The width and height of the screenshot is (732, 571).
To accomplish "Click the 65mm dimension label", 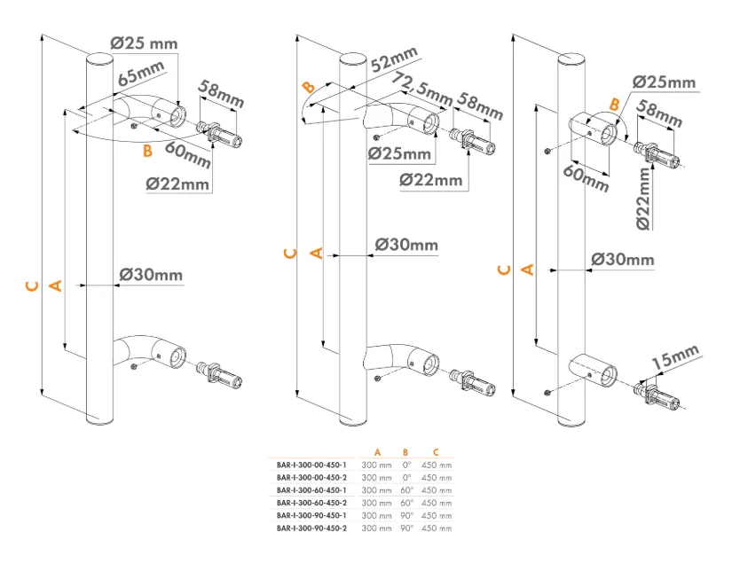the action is pos(141,74).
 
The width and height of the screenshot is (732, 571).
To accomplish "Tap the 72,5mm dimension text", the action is pos(421,89).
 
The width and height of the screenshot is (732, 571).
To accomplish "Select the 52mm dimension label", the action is pos(394,59).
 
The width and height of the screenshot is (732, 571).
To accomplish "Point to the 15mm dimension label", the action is pos(675,356).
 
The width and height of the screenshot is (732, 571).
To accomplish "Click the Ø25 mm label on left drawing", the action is pos(145,43).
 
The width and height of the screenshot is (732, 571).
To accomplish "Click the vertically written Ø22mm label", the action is pos(643,199).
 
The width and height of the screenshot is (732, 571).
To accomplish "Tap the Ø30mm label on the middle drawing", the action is pos(406,245).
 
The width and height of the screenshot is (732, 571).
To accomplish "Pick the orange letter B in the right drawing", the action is pos(615,105).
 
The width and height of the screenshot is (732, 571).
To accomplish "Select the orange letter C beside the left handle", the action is pos(32,285).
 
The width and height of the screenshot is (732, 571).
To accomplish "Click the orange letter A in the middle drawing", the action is pos(317,254).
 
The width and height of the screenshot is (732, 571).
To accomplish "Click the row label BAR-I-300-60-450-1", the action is pos(311,490).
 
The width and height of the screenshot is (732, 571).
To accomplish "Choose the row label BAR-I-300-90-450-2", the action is pos(311,528).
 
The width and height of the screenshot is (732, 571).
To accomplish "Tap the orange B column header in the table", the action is pos(405,452).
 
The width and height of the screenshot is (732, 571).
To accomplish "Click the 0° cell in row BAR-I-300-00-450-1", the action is pos(406,465).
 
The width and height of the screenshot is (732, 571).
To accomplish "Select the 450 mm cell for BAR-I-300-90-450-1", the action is pos(437,515).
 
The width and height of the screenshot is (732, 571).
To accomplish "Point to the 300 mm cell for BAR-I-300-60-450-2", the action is pos(376,503).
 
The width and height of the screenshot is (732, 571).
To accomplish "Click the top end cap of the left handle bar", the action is pos(100,59).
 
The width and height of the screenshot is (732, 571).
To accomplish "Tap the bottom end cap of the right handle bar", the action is pos(571,422).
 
